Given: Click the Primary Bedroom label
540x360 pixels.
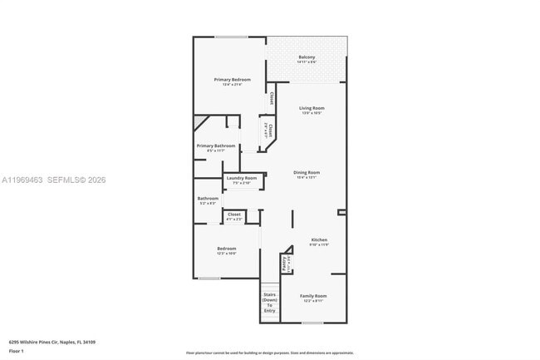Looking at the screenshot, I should (232, 79).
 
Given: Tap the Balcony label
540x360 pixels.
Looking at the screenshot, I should (307, 57).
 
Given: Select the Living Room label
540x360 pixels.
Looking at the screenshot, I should (312, 108).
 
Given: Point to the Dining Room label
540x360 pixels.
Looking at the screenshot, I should (307, 172).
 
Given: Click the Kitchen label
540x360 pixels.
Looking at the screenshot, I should (319, 239).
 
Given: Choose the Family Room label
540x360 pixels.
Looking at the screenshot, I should (313, 296).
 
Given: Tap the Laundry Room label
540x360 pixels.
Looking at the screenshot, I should (242, 178).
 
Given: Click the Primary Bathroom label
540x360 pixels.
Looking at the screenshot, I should (215, 146).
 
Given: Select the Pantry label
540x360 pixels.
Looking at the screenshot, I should (284, 263).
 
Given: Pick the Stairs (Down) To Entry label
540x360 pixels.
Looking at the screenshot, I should (269, 303).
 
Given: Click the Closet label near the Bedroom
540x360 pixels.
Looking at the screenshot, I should (234, 214).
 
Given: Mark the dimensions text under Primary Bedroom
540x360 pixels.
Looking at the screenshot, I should (232, 85).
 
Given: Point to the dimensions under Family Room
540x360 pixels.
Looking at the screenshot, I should (313, 302).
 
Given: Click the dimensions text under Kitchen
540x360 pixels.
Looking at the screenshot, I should (319, 245).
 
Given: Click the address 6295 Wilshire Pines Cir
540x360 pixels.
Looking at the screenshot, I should (52, 342).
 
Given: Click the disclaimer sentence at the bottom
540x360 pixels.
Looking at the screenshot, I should (269, 353).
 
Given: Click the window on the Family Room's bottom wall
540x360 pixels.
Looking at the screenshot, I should (312, 323).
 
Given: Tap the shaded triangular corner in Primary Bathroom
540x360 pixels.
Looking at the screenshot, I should (199, 123).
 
